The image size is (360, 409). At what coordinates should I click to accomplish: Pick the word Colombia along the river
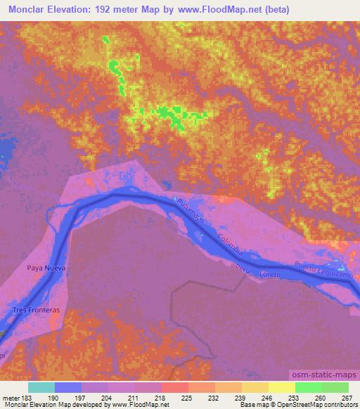click(x=231, y=243)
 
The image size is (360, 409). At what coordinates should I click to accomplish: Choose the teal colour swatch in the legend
click(x=41, y=387)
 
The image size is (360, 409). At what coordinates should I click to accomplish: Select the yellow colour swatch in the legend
click(x=282, y=387)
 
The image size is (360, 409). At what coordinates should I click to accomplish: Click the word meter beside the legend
click(x=11, y=397)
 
